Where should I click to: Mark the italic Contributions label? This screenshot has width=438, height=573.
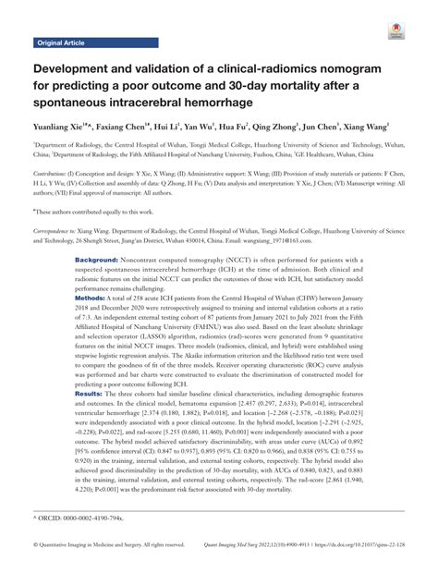coord(55,174)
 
